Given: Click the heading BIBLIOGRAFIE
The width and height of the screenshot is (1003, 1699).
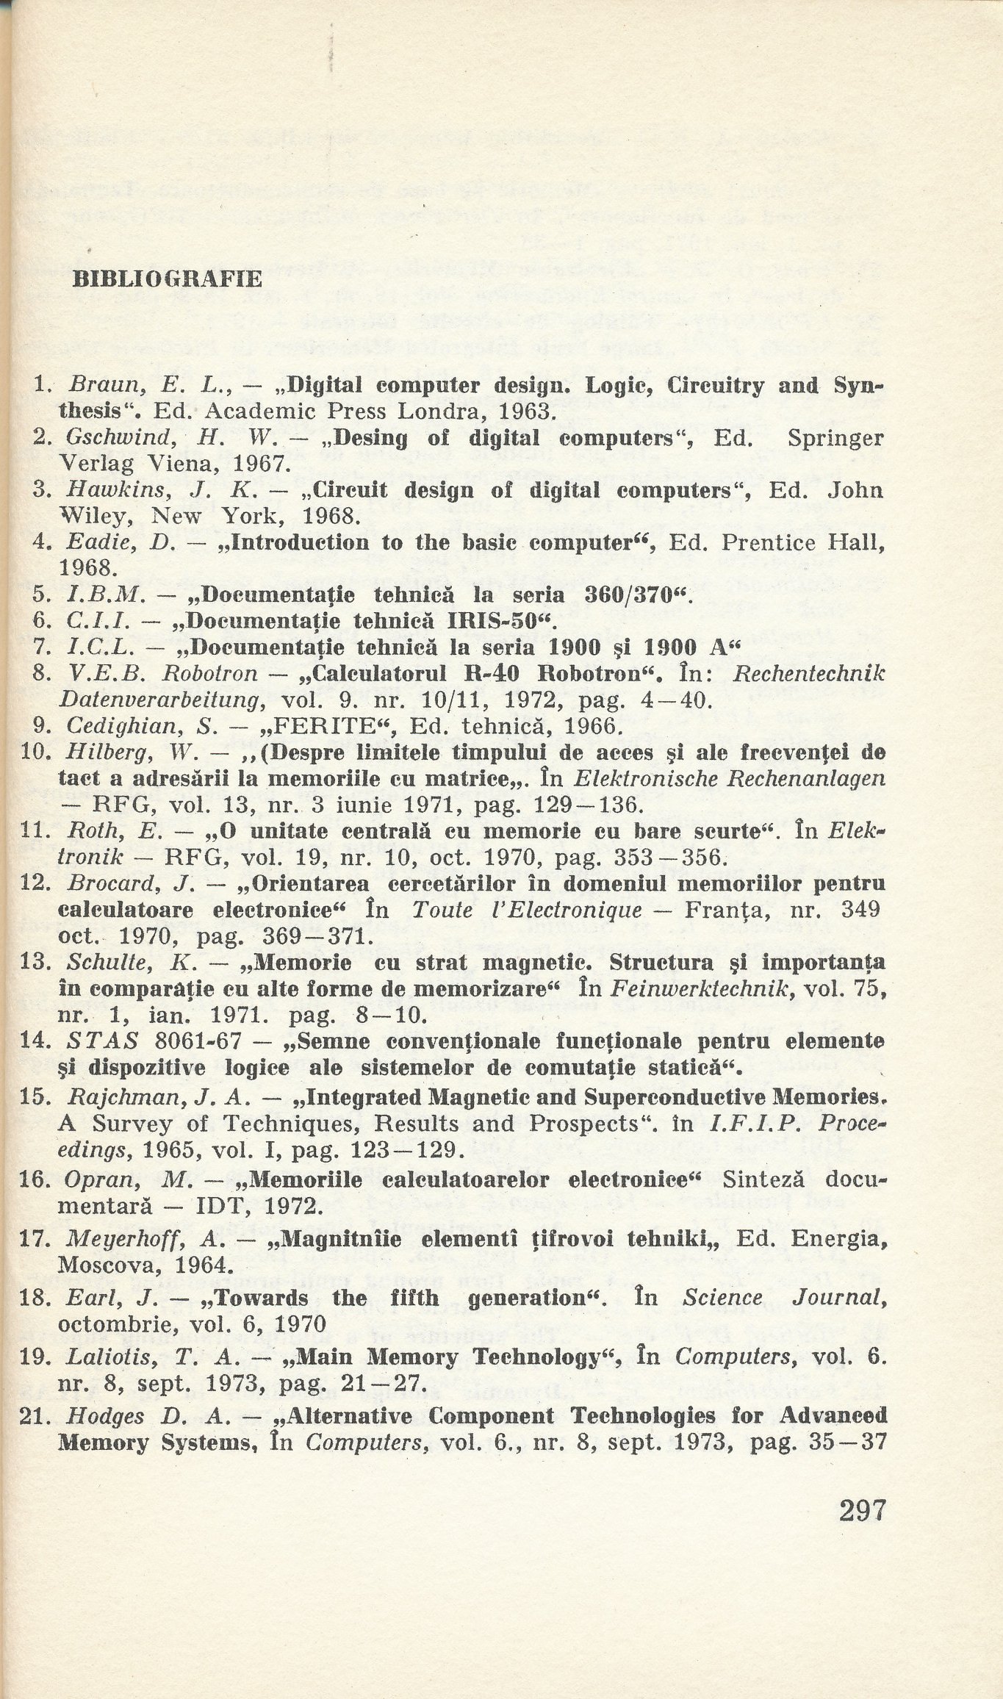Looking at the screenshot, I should [x=167, y=279].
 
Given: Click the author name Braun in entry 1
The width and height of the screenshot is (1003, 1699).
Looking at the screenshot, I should [x=98, y=386].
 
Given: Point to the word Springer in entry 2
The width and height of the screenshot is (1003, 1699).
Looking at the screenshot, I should [x=835, y=439].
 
